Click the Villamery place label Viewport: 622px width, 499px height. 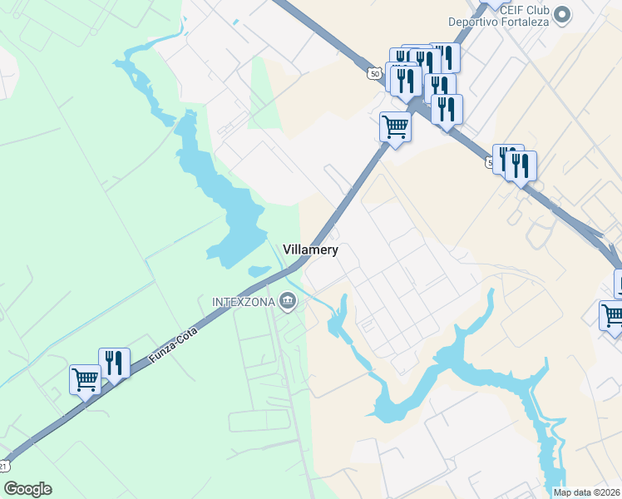[310, 249]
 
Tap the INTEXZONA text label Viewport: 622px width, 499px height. [243, 300]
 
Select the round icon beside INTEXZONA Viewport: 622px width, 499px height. [288, 300]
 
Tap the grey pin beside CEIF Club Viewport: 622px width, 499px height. [563, 14]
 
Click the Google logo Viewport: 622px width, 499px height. [27, 489]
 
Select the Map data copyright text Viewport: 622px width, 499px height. [587, 492]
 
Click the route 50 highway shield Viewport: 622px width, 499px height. [375, 74]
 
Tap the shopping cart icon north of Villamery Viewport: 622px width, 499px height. [395, 127]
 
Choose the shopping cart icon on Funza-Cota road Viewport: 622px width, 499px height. [85, 381]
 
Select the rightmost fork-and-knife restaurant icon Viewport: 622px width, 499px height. [521, 166]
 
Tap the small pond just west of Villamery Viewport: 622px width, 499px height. [258, 271]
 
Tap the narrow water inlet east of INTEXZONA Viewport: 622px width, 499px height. [340, 320]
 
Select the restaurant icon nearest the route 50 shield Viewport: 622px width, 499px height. [405, 81]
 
